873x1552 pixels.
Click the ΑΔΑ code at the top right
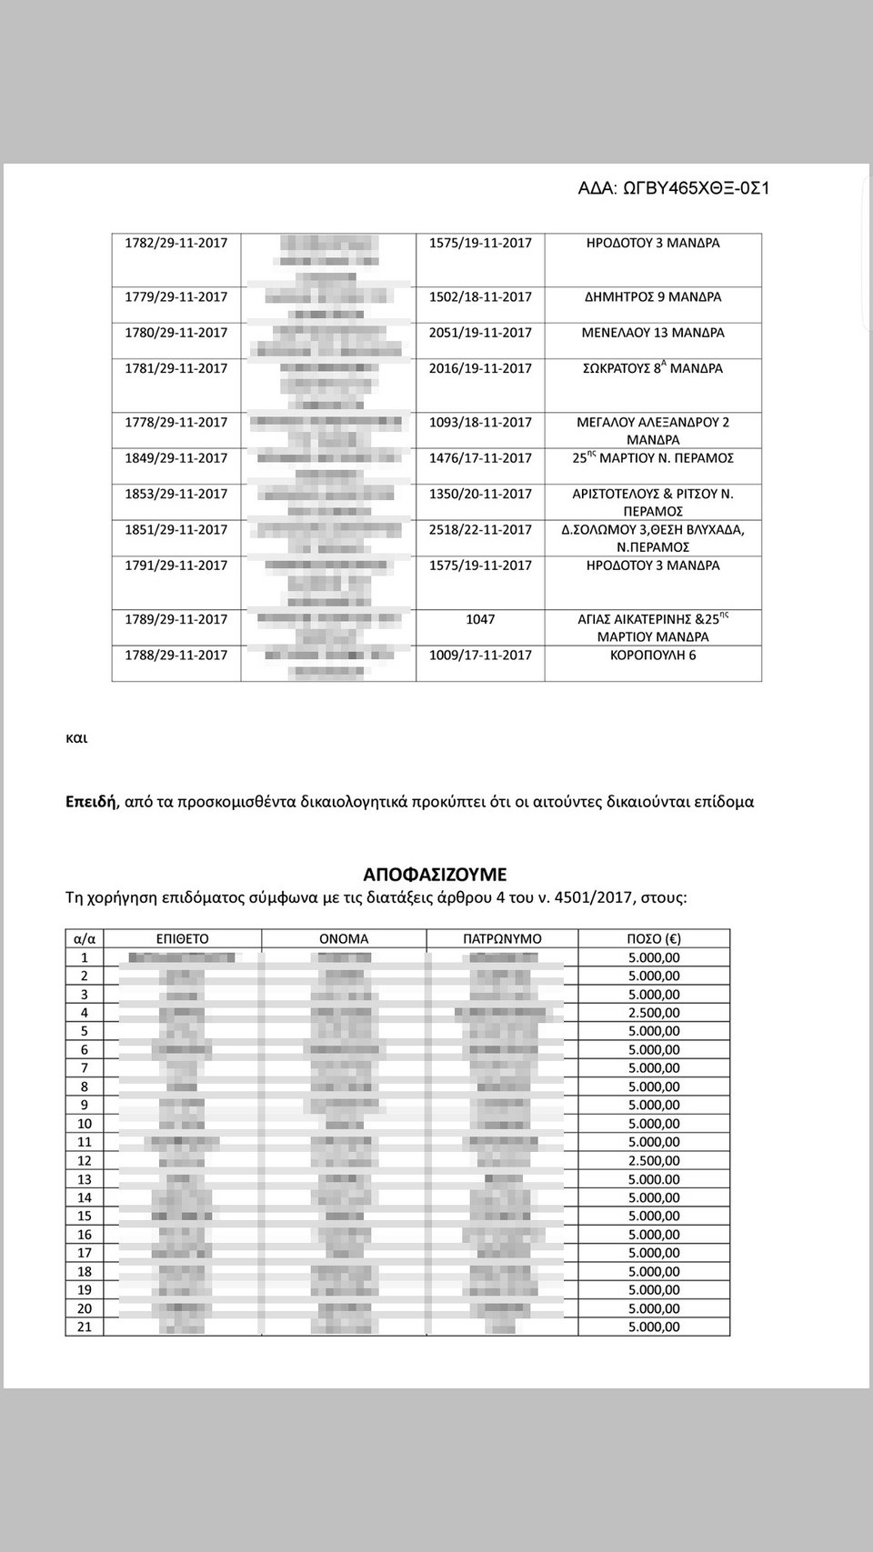[x=674, y=188]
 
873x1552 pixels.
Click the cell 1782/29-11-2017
[x=176, y=244]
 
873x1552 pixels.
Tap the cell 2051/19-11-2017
[x=480, y=333]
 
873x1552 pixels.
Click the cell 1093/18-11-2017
[x=480, y=422]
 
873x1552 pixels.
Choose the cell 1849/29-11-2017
[x=176, y=458]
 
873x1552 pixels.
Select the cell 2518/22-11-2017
[x=480, y=530]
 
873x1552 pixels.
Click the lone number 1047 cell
[x=480, y=619]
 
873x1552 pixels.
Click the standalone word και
[x=77, y=738]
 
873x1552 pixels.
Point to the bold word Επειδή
[x=91, y=803]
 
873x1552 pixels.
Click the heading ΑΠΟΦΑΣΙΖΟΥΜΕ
[x=435, y=875]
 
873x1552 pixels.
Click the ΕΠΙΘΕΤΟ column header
[x=183, y=939]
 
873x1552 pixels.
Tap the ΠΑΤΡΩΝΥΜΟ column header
[x=502, y=939]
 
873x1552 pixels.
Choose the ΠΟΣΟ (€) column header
[x=654, y=939]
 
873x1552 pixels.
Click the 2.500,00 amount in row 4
[x=654, y=1013]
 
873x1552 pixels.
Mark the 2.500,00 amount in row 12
[x=654, y=1161]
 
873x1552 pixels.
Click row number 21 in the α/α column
[x=85, y=1327]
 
